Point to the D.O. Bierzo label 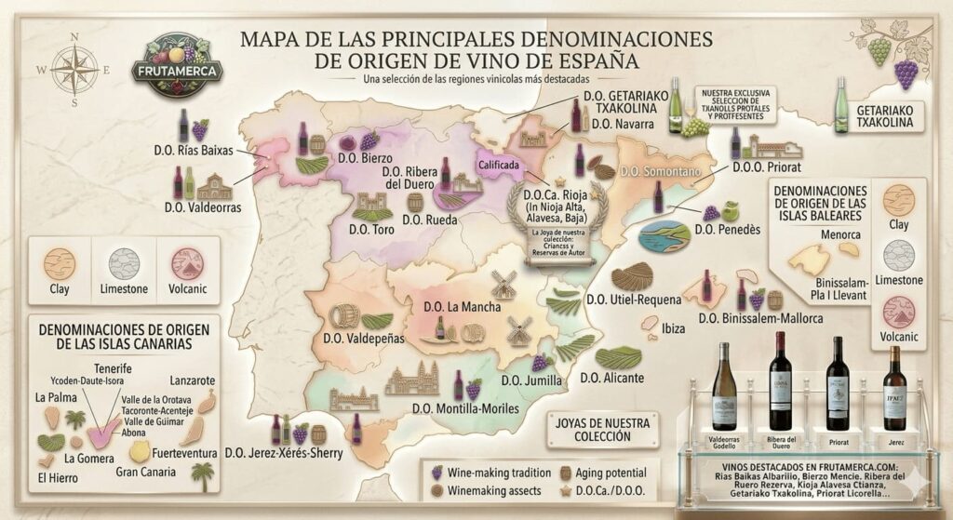tap(365, 158)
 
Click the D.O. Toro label tap(371, 229)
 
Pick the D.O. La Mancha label tap(462, 307)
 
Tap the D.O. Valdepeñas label tap(363, 339)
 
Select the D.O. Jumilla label tap(530, 380)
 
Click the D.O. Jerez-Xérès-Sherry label tap(284, 453)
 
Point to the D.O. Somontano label tap(657, 172)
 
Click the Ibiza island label tap(673, 328)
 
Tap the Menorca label tap(840, 234)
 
